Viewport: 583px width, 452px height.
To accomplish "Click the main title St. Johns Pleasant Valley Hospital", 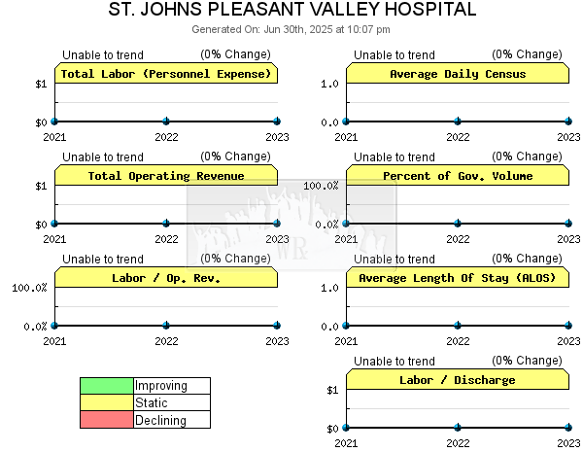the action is [x=292, y=9].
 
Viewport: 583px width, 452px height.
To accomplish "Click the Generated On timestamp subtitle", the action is [x=291, y=29].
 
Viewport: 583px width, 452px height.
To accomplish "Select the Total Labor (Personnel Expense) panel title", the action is [x=166, y=74].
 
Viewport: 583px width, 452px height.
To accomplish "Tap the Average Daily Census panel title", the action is [x=458, y=74].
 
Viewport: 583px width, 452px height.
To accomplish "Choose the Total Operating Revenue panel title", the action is [x=166, y=176].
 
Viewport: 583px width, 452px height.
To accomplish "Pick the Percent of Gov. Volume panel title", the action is [x=458, y=176].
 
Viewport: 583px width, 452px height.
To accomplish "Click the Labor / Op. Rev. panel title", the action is [x=166, y=278].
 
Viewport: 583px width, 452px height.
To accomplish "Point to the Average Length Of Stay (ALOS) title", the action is [x=458, y=278].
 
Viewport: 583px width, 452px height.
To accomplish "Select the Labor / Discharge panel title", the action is [x=458, y=380].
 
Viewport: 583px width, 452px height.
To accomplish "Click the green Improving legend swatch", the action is [x=107, y=386].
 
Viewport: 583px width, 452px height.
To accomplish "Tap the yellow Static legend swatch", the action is [x=107, y=402].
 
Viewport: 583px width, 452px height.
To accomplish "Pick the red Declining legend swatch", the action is [x=107, y=420].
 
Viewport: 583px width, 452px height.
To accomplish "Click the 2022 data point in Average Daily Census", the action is [x=458, y=121].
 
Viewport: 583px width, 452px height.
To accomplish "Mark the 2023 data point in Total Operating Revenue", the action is [x=277, y=224].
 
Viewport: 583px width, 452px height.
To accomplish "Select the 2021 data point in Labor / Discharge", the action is [x=346, y=428].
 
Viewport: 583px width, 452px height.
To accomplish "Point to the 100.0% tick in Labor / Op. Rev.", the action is [x=29, y=288].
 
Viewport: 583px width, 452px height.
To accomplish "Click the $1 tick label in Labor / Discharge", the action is [x=332, y=390].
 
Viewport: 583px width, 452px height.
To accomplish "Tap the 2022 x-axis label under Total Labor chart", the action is [x=166, y=137].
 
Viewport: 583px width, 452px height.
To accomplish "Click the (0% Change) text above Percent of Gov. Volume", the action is [x=527, y=156].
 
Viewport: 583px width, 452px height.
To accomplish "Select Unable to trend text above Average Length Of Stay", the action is [x=394, y=259].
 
